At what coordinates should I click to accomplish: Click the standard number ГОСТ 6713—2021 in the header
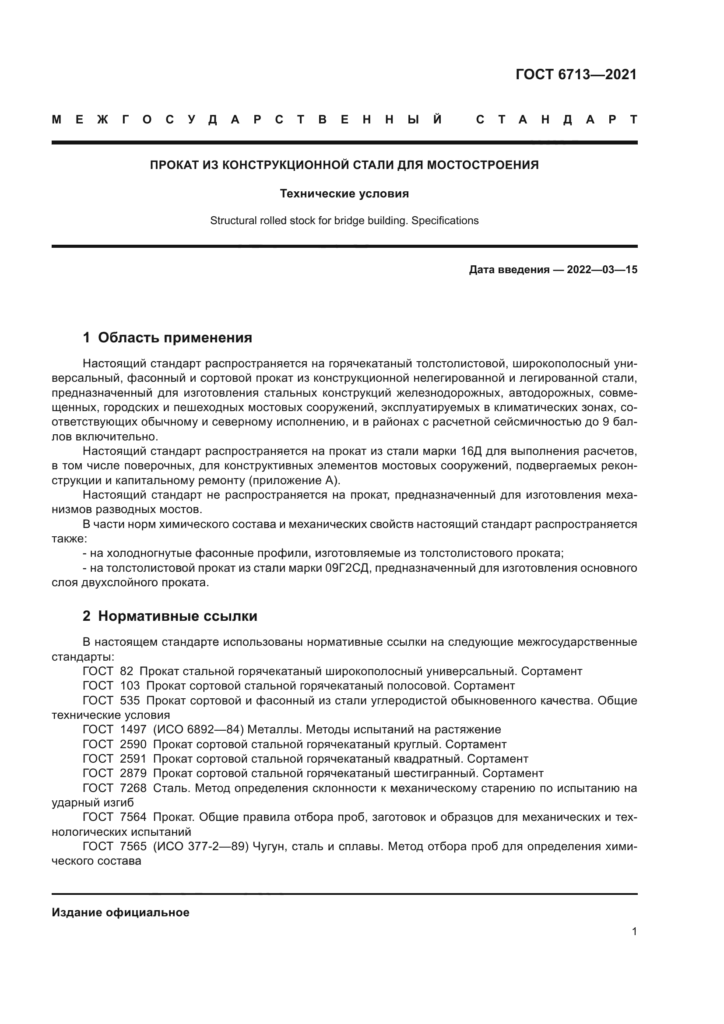[x=576, y=74]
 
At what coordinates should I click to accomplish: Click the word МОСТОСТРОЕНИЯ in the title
[x=483, y=165]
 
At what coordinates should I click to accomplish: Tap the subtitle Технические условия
[x=344, y=194]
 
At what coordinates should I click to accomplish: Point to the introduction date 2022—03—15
[x=602, y=270]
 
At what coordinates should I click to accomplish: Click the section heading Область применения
[x=175, y=338]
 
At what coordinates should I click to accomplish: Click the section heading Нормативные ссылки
[x=177, y=616]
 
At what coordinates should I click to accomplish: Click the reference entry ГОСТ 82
[x=108, y=671]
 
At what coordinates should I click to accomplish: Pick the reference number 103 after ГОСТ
[x=130, y=686]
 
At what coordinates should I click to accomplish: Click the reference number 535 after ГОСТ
[x=130, y=700]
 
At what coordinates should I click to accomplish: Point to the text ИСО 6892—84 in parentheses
[x=197, y=730]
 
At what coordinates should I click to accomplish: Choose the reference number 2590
[x=134, y=744]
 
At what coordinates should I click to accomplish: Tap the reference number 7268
[x=134, y=788]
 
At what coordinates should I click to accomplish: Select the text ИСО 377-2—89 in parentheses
[x=200, y=847]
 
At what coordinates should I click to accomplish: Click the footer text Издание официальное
[x=121, y=912]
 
